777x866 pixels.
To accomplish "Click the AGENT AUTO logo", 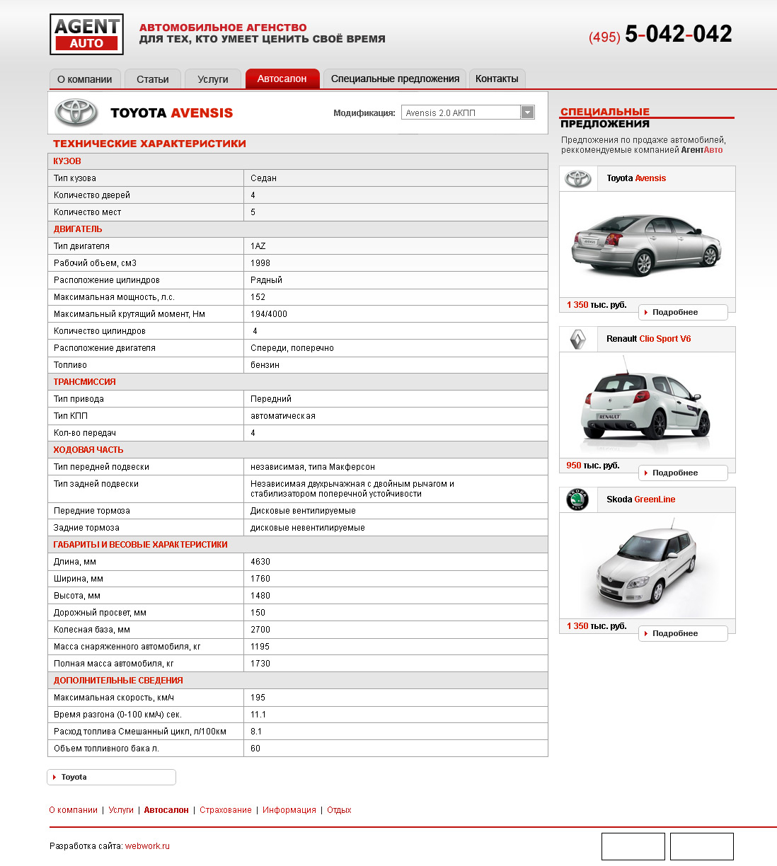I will click(x=86, y=34).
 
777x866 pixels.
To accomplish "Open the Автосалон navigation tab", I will click(x=282, y=79).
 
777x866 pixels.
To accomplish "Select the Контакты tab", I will click(x=497, y=79).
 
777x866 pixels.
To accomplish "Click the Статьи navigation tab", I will click(x=152, y=79).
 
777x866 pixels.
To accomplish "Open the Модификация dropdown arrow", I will click(x=527, y=112).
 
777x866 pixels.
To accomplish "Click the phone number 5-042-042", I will click(x=678, y=34).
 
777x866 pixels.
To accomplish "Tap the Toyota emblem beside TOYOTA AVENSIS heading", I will click(x=77, y=112).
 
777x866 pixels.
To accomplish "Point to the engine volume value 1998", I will click(x=260, y=263).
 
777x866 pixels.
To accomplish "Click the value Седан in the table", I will click(x=263, y=178).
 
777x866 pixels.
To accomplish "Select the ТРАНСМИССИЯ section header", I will click(x=85, y=382).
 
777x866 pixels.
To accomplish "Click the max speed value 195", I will click(x=258, y=698).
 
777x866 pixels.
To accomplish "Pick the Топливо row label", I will click(x=70, y=365).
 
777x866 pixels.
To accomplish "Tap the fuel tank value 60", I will click(x=255, y=749).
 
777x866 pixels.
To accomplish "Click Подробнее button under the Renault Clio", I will click(x=682, y=473).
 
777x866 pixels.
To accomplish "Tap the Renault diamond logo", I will click(x=578, y=340).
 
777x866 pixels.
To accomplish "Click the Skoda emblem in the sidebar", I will click(x=578, y=500).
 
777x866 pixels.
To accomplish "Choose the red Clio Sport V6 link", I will click(x=664, y=339).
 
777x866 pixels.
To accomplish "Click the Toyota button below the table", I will click(x=111, y=777).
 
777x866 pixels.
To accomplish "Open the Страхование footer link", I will click(x=225, y=810).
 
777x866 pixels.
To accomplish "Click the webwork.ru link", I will click(x=147, y=846).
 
